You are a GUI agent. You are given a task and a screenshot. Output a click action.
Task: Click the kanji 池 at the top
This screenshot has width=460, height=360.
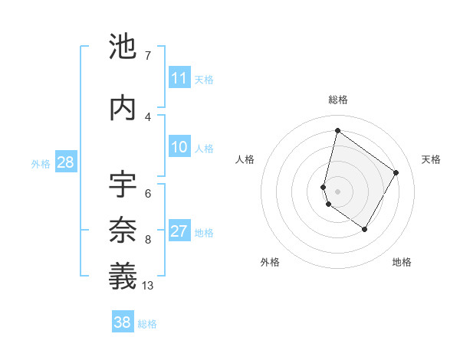pos(123,47)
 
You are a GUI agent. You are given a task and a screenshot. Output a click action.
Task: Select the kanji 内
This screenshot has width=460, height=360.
pos(123,108)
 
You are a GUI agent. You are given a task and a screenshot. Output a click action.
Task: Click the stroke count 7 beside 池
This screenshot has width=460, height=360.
pos(147,56)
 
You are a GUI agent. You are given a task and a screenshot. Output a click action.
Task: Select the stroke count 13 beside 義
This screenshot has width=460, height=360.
pos(148,286)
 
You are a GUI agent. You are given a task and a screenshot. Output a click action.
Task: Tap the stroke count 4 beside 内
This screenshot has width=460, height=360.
pos(147,116)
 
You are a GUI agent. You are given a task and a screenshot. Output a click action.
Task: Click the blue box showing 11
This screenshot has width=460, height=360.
pos(179,78)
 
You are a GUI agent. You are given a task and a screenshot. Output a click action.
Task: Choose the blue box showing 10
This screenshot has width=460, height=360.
pos(179,147)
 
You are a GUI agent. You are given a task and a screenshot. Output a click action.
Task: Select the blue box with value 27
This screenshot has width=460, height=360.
pos(179,231)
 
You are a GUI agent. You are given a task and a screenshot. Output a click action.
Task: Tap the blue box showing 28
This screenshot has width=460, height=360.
pos(65,162)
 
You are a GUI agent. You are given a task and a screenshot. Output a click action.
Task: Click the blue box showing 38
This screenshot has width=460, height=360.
pos(122,323)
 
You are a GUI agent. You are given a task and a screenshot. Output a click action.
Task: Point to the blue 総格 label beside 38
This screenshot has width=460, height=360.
pos(147,324)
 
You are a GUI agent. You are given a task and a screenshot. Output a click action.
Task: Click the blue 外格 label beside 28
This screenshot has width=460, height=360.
pos(41,163)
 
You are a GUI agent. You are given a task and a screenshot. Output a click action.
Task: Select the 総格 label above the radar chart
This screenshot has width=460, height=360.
pos(337,100)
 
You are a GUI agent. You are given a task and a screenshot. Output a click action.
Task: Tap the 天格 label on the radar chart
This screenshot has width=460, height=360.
pos(431,159)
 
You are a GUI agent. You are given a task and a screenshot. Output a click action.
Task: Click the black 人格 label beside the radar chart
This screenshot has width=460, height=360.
pos(245,159)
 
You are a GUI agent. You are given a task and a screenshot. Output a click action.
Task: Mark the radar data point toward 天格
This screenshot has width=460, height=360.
pos(396,172)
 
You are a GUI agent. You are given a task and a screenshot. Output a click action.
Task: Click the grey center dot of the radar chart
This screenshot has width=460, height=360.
pos(337,191)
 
